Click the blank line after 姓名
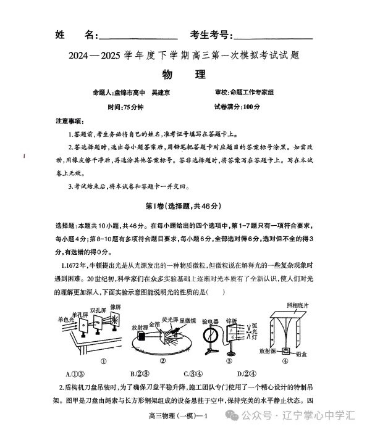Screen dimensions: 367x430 point(138,38)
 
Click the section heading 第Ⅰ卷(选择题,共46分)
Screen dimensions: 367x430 point(183,205)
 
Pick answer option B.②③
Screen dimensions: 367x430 point(140,373)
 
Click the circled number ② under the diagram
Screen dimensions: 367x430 point(162,362)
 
